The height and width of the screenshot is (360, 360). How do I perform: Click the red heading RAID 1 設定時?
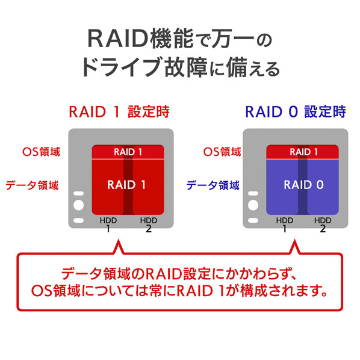click(119, 112)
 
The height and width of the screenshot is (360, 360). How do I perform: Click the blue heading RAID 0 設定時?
click(296, 112)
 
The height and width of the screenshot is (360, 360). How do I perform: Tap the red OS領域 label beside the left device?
click(42, 152)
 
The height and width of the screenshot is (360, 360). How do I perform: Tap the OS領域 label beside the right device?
click(222, 152)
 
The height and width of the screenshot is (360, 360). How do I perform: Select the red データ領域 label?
click(32, 185)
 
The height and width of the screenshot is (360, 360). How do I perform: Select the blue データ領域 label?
click(213, 185)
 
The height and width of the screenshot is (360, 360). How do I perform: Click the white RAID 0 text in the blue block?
click(303, 185)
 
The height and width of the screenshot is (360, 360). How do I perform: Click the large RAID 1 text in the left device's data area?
click(126, 185)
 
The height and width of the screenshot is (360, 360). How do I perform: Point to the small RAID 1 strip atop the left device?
click(128, 152)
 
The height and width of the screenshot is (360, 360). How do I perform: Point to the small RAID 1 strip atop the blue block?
click(302, 152)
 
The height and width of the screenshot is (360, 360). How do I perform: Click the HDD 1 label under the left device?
click(108, 225)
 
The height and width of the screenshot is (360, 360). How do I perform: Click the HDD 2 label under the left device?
click(149, 225)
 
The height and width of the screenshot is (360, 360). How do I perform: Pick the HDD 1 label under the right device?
click(285, 225)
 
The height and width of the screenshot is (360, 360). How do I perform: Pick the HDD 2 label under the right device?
click(323, 225)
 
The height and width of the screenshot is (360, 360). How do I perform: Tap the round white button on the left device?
click(78, 205)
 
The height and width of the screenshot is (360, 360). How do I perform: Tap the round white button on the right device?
click(253, 205)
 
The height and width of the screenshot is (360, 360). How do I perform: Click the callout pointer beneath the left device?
click(119, 247)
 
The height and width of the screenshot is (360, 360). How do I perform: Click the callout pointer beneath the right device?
click(295, 247)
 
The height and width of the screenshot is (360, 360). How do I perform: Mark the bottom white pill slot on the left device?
click(78, 220)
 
